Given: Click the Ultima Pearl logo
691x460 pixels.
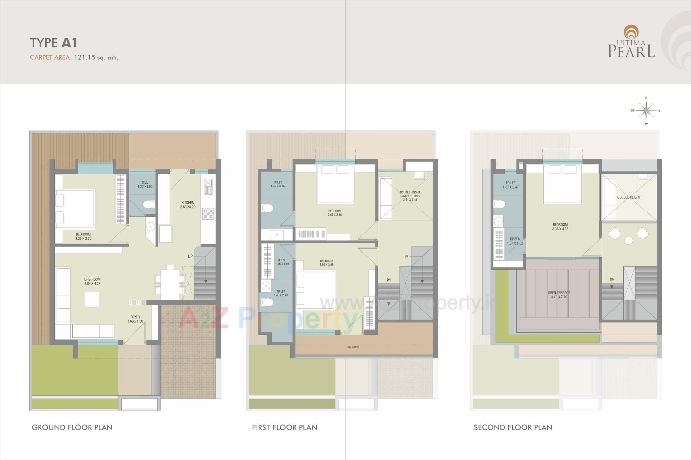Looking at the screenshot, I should point(631,42).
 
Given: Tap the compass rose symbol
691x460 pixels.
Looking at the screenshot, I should point(646,110).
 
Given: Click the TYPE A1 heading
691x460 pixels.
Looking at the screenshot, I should point(54,43).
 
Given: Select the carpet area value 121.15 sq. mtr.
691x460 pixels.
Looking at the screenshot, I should point(96,57).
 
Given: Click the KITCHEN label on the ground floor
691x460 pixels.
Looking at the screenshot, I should point(188,203).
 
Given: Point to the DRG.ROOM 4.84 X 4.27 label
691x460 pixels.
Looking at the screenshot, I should point(92,281).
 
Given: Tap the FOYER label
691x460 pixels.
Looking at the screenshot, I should point(135,319).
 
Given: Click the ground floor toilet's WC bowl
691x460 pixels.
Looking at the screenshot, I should point(148,205).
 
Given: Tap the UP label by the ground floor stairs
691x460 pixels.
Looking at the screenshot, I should point(190,256).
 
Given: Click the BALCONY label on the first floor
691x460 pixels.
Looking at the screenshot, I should point(353,347).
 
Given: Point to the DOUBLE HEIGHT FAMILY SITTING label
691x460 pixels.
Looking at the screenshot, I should point(410,196).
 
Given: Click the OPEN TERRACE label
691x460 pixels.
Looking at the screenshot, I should point(559,295).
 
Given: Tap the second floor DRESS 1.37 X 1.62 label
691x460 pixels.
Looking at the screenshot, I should point(515,241).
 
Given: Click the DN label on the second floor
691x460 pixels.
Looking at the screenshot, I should point(612,279).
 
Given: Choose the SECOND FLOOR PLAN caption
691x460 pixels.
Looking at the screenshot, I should point(513,427).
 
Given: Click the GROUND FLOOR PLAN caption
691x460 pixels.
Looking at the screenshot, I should point(72,427).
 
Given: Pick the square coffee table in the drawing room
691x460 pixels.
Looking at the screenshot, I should point(92,300).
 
